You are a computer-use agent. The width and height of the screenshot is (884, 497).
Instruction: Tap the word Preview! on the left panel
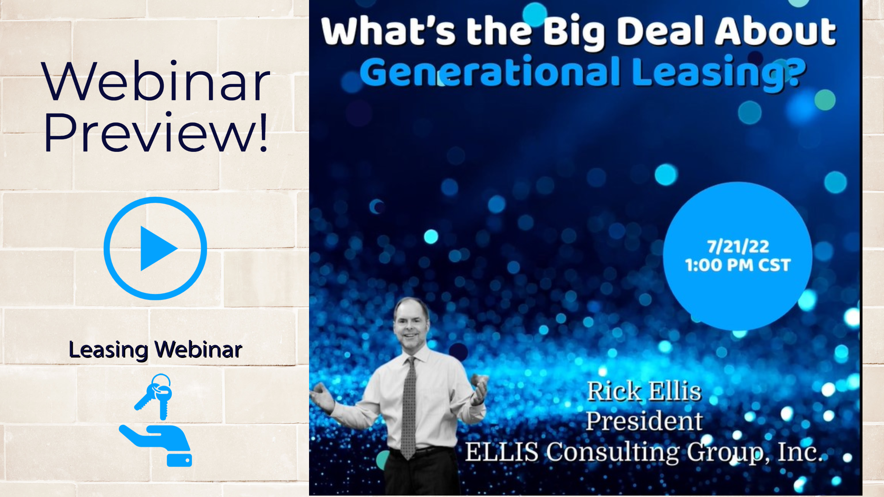pos(156,133)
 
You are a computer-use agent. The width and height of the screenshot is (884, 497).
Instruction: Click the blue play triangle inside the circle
pos(158,248)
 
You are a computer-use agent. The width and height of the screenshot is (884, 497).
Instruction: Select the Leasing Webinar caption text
pos(155,350)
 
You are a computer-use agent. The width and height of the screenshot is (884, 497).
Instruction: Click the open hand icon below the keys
pos(155,445)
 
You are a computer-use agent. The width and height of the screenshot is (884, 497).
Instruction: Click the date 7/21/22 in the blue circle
pos(738,246)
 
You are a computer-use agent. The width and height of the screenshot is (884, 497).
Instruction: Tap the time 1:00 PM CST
pos(738,265)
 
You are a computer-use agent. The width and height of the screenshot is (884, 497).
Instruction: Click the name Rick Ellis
pos(644,391)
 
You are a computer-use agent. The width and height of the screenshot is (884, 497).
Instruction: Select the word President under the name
pos(644,421)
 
